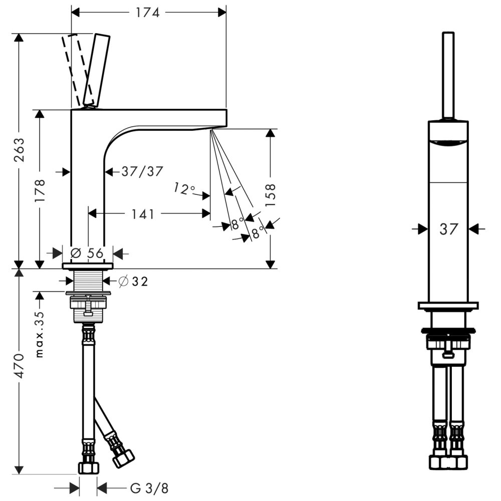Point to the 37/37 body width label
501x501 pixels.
142,172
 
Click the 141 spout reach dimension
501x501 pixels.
143,214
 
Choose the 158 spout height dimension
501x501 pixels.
270,194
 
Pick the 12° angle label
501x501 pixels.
184,189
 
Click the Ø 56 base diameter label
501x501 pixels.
88,253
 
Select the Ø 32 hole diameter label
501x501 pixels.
133,282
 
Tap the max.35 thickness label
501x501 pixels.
40,334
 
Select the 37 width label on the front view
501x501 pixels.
448,229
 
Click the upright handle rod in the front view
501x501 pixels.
448,75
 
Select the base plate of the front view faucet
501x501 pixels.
448,306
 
